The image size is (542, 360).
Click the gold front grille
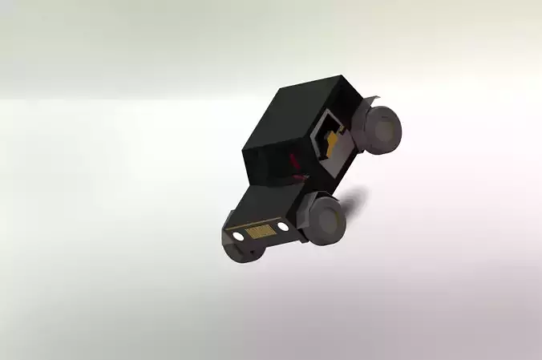click(x=258, y=232)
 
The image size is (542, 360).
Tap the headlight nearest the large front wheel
click(x=282, y=228)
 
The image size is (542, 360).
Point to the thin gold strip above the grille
click(x=257, y=224)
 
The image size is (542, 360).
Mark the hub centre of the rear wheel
click(x=385, y=127)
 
